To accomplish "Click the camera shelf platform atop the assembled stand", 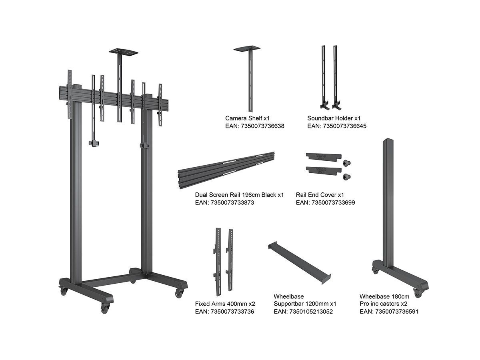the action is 123,52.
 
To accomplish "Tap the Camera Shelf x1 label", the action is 247,118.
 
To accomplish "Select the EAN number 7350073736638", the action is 255,126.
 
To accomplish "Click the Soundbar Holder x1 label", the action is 334,118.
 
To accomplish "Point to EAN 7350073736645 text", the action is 337,126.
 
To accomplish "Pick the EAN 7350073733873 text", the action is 224,203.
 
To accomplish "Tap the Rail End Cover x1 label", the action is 320,195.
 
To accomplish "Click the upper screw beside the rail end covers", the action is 347,163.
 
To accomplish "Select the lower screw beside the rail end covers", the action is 347,177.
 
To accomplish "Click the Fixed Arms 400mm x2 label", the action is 225,304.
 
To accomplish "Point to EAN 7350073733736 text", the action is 224,312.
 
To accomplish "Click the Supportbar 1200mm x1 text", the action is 305,304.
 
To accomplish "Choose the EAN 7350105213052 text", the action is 303,312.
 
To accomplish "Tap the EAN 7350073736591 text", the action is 389,312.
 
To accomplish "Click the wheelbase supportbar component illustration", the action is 299,263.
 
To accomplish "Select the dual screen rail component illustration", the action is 226,170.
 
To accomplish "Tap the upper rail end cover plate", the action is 324,157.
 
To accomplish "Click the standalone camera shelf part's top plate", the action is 247,48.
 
